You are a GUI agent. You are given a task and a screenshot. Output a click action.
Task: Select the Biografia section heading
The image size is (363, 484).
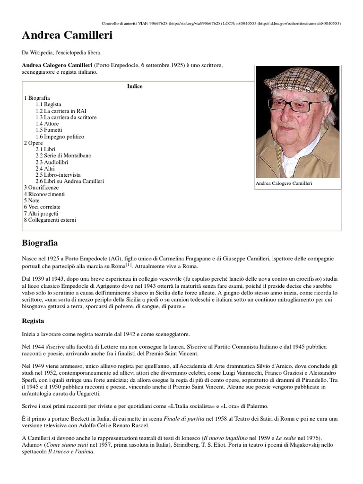point(40,243)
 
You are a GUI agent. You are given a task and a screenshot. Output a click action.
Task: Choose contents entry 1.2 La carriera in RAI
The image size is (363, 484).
point(60,111)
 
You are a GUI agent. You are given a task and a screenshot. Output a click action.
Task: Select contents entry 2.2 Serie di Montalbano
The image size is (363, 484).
point(63,156)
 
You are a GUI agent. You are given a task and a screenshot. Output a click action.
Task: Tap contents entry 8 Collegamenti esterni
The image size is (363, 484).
point(50,220)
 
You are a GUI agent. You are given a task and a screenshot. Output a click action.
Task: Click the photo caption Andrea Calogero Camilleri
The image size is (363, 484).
point(284,183)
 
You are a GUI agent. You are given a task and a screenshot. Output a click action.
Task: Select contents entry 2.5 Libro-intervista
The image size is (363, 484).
point(58,175)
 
